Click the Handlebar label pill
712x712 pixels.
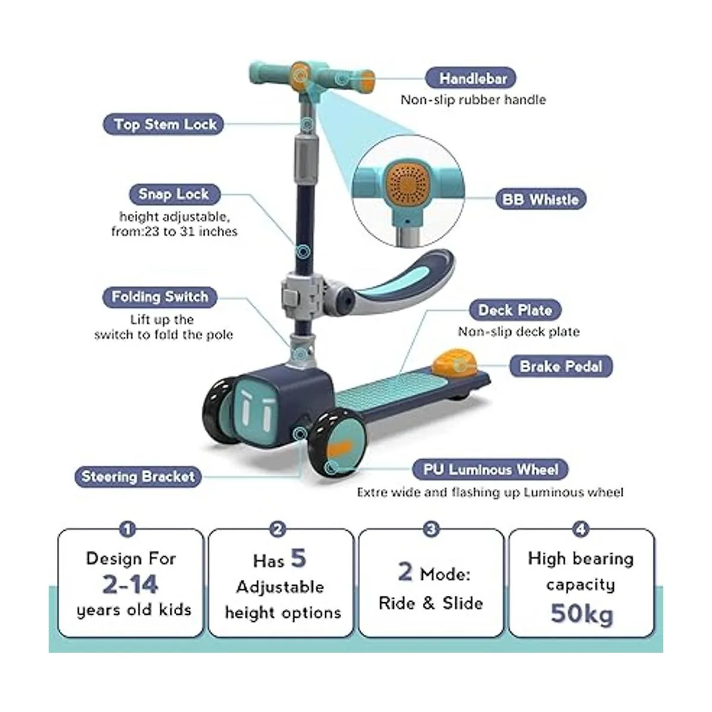(471, 78)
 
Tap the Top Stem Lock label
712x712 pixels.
(163, 124)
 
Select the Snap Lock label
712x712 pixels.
(174, 194)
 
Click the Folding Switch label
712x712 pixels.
(160, 297)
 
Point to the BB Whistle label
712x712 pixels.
(541, 199)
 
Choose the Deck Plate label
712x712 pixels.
(515, 310)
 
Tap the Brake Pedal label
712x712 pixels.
(561, 367)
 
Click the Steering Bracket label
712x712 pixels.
(138, 476)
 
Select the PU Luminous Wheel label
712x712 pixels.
(490, 469)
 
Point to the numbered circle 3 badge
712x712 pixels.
(431, 529)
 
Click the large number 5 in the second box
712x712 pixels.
(298, 558)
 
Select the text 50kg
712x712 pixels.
(581, 615)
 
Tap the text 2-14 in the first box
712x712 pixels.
(131, 584)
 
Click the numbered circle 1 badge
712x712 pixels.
(128, 529)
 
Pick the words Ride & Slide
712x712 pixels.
(431, 603)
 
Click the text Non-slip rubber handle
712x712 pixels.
(473, 100)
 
